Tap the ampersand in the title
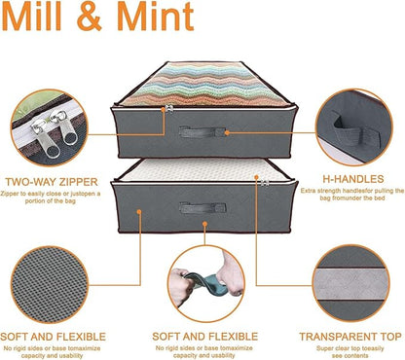point(89,17)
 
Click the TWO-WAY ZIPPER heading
point(52,182)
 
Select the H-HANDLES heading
point(353,179)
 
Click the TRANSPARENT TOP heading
point(350,337)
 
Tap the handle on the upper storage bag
point(202,132)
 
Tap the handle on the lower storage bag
point(202,207)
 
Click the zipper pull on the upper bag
point(168,109)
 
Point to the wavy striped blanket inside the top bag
point(204,85)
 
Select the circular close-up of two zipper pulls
point(49,127)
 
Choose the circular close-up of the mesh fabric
point(49,285)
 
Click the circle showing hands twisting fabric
point(206,283)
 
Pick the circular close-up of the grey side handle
point(354,127)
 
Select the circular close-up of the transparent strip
point(351,283)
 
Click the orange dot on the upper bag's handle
point(227,132)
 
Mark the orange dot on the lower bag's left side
point(139,212)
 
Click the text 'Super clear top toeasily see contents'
point(350,352)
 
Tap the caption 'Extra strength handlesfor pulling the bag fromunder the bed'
point(352,194)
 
